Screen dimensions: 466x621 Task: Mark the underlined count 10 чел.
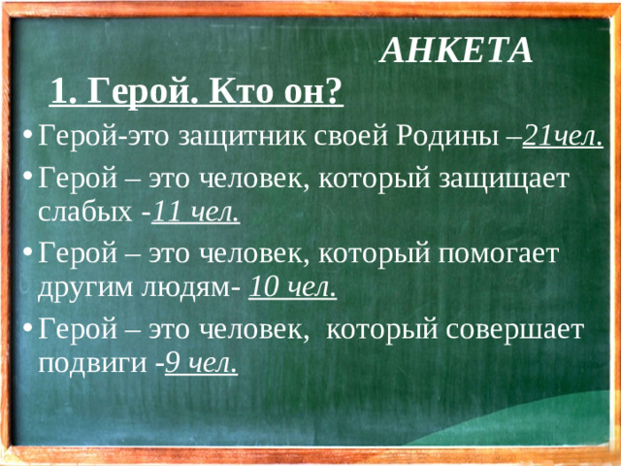click(293, 287)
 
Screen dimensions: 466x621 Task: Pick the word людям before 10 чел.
click(194, 287)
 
